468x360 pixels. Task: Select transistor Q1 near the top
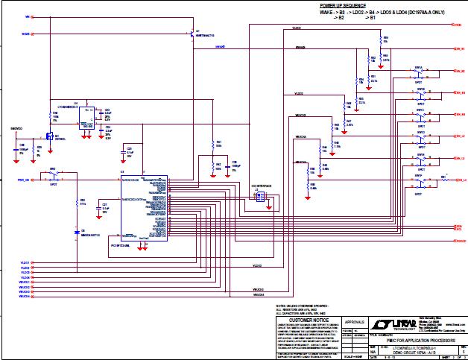click(192, 33)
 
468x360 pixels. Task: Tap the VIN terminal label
click(28, 16)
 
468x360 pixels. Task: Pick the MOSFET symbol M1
click(48, 137)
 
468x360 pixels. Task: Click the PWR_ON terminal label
click(24, 180)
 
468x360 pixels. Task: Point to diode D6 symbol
click(77, 233)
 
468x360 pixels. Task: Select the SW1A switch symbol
click(420, 73)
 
